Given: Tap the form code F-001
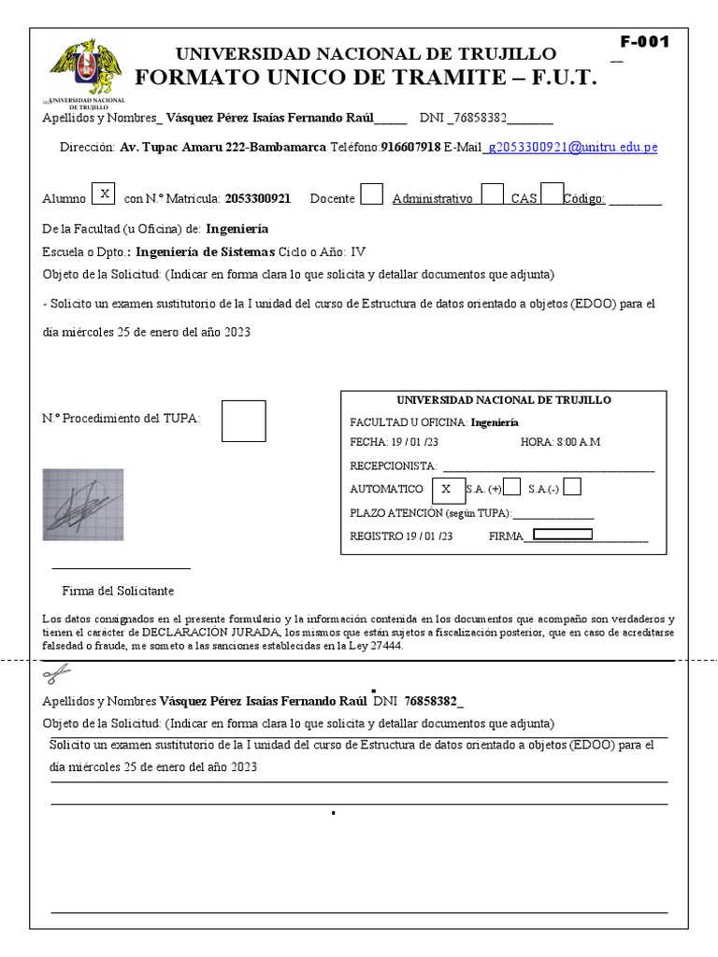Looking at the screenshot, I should pos(645,42).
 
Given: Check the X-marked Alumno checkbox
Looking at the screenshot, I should pos(105,193).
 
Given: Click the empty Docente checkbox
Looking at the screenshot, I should pos(371,194).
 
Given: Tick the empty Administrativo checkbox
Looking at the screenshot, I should pos(492,194).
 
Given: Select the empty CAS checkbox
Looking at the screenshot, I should pos(553,193).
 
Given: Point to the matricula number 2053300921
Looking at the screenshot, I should pos(258,198).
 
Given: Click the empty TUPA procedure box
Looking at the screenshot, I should pos(243,421).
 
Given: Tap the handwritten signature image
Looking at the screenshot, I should pos(82,505).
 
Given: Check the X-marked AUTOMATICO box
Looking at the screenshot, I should pos(446,487).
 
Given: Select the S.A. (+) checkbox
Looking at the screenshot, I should pos(512,487).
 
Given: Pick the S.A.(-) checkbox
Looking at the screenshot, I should pos(573,487).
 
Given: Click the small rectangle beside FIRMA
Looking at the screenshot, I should pos(562,535).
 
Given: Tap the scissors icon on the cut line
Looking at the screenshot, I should pos(56,675).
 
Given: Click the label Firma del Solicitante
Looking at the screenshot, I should pos(118,591).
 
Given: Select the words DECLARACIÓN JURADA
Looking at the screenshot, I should pos(228,632).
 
